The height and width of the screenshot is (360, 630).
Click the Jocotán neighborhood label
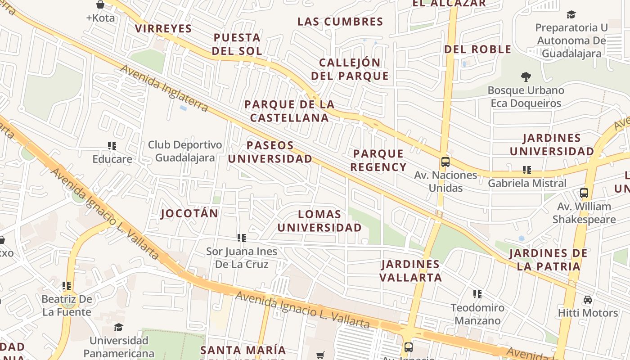(189, 213)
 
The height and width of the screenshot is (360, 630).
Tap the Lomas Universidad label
(319, 221)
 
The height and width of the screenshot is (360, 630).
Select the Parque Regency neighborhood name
(378, 161)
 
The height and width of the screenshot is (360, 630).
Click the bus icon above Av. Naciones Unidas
(445, 162)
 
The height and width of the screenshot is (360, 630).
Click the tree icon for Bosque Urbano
(526, 77)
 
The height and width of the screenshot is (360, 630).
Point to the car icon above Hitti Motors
(588, 300)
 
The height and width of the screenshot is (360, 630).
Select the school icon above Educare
(112, 146)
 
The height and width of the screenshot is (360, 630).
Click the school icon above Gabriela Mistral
(527, 170)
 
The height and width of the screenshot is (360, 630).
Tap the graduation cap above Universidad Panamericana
(118, 327)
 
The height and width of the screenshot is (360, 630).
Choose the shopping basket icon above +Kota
(100, 5)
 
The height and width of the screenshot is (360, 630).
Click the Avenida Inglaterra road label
(164, 89)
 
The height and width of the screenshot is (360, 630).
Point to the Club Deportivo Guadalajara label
(185, 152)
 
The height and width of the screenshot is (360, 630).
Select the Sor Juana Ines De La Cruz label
(242, 258)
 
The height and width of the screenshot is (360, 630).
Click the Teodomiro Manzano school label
(477, 315)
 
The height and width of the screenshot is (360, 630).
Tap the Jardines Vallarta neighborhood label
(410, 271)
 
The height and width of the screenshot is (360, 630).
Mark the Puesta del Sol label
(237, 44)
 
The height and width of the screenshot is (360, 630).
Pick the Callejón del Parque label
(350, 69)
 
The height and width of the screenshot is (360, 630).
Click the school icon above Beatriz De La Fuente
(67, 286)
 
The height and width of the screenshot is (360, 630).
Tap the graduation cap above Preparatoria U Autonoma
(571, 14)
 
